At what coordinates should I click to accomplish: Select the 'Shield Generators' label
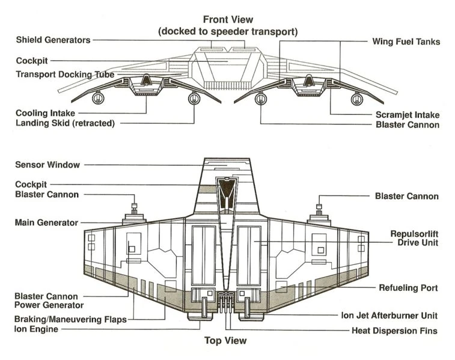[x=53, y=40]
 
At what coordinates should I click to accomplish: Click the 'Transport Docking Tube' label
[x=65, y=75]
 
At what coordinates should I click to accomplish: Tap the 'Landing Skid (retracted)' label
[x=65, y=123]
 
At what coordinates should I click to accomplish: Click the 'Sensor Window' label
[x=47, y=165]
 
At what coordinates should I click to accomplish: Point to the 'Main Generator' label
[x=46, y=222]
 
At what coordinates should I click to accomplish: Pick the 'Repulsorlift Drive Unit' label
[x=408, y=238]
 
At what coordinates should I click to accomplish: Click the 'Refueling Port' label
[x=408, y=288]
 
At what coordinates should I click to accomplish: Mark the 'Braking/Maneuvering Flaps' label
[x=71, y=320]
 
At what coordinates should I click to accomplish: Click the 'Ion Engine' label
[x=36, y=329]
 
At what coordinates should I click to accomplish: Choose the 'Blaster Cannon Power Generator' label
[x=49, y=301]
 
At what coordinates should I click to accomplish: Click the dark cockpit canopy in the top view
[x=227, y=193]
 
